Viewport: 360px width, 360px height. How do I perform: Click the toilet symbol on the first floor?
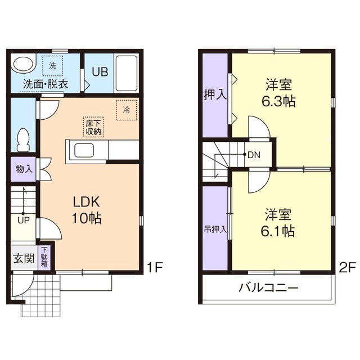tap(23, 139)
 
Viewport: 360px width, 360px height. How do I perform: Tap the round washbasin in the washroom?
tap(22, 65)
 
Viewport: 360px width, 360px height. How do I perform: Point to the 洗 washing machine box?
tap(52, 66)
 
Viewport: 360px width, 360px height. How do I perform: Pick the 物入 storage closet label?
tap(23, 168)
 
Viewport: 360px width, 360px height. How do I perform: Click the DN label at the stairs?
tap(254, 155)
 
